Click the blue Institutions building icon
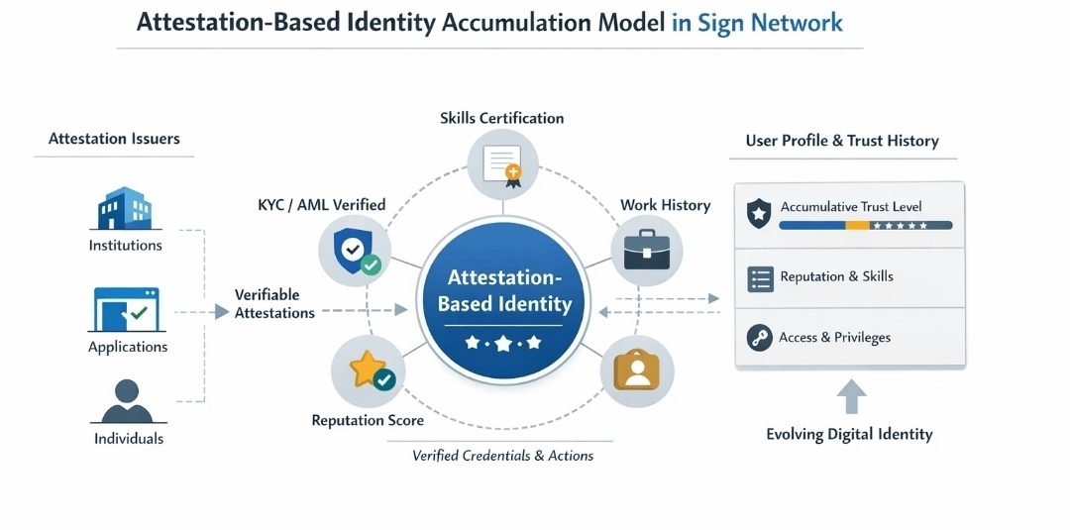point(125,207)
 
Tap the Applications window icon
point(127,310)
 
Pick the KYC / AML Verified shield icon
point(354,250)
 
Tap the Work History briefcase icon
point(646,250)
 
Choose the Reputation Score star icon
point(369,371)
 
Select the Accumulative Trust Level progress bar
point(865,226)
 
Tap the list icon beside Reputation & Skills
point(760,278)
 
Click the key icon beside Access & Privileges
point(760,338)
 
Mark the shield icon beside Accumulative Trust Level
point(759,213)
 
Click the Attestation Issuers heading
point(114,140)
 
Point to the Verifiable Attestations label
point(274,304)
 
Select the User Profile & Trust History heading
point(842,141)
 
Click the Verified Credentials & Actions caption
point(502,456)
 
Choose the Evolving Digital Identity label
point(849,434)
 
